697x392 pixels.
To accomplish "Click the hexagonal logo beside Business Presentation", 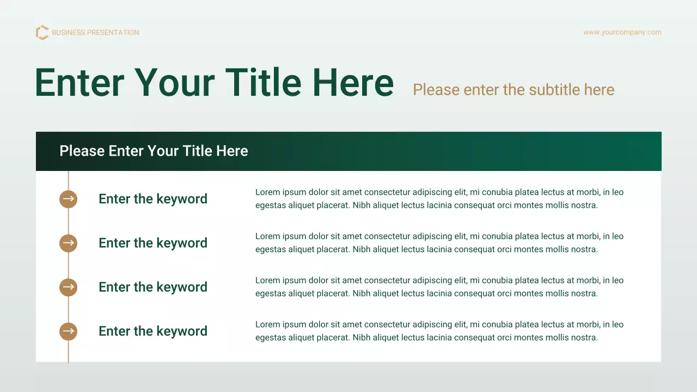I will coord(42,33).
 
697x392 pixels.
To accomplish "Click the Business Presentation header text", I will coord(95,33).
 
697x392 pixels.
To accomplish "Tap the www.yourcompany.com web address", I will coord(622,32).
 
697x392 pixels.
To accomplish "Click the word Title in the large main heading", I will coord(263,82).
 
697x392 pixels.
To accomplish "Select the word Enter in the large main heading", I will coord(80,82).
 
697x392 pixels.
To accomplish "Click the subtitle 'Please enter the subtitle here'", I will coord(513,90).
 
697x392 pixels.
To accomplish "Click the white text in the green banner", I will coord(154,151).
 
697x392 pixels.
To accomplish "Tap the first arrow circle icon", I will coord(68,199).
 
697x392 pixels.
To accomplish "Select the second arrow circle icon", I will coord(68,243).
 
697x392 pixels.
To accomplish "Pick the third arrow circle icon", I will coord(68,287).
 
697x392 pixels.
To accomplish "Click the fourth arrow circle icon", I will coord(68,331).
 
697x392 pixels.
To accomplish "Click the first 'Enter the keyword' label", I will coord(153,199).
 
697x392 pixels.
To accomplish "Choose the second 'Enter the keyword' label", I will coord(153,243).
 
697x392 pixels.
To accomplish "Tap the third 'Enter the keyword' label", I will coord(153,287).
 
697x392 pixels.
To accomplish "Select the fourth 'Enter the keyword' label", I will coord(153,331).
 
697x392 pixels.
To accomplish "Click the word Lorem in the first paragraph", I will coord(267,192).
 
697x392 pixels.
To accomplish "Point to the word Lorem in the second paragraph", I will coord(267,236).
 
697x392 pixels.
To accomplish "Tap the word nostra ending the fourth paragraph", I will coord(584,338).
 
